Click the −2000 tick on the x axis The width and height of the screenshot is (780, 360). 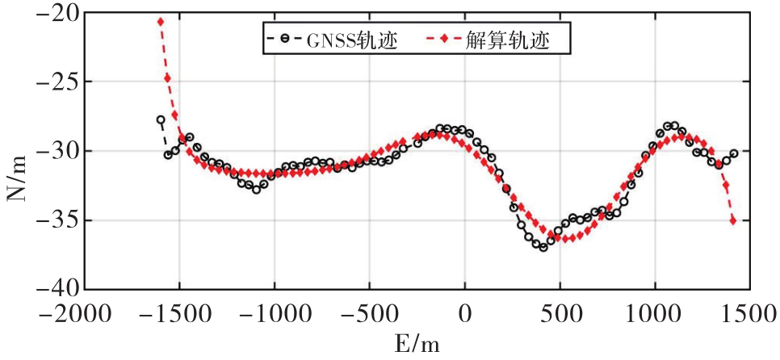(x=86, y=312)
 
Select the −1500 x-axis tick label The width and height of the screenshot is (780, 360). (x=180, y=312)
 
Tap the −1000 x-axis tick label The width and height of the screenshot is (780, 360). (x=275, y=312)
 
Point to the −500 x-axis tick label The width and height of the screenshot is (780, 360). (x=370, y=312)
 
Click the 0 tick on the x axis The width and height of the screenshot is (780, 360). (x=465, y=312)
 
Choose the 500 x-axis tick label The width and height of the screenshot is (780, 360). (x=560, y=312)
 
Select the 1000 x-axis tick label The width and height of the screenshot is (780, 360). (x=655, y=312)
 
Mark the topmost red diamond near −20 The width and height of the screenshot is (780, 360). (x=161, y=22)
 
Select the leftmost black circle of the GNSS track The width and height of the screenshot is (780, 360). (x=161, y=119)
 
